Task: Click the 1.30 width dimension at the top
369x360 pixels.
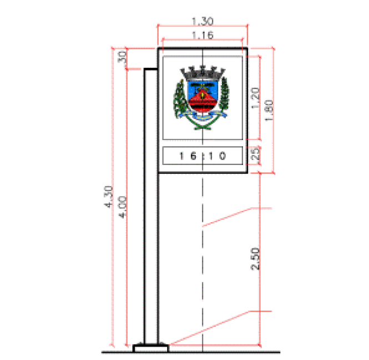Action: click(x=202, y=21)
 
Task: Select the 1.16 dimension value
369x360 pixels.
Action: click(x=202, y=35)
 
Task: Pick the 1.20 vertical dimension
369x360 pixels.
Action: click(x=255, y=99)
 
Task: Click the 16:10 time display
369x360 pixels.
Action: click(x=202, y=157)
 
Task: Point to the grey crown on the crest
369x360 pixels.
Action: click(x=202, y=72)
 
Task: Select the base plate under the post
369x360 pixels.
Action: click(x=151, y=348)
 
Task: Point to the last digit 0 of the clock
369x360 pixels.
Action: click(x=223, y=157)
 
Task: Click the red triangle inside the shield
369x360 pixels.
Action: click(x=202, y=100)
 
